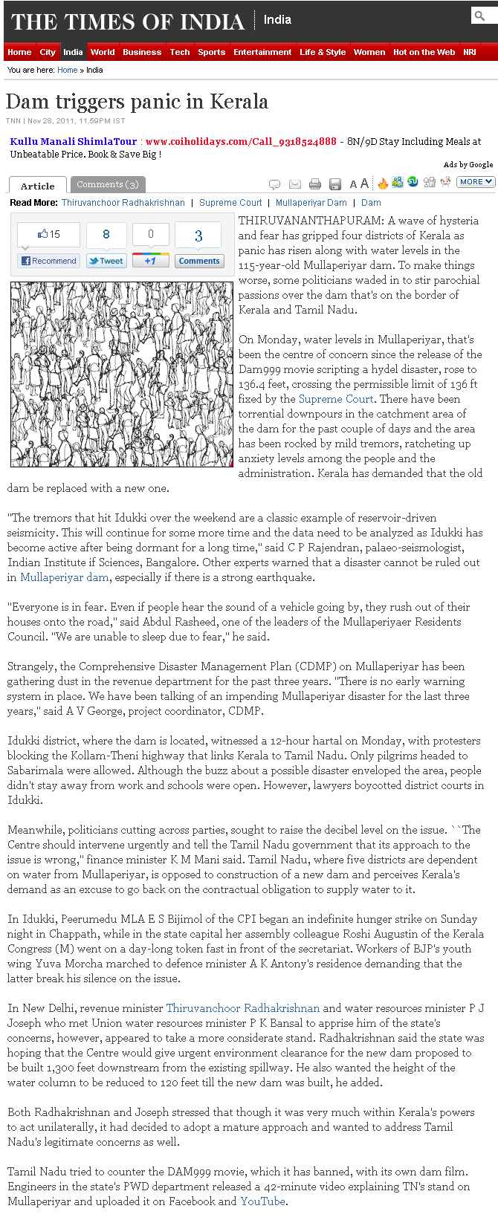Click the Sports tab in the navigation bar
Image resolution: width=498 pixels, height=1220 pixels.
(211, 52)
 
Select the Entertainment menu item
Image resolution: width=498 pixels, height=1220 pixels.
(262, 52)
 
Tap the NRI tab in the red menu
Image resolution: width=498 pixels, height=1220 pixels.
(469, 52)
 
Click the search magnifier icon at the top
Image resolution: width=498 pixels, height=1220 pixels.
(480, 15)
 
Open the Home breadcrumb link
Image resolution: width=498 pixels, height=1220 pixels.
(67, 70)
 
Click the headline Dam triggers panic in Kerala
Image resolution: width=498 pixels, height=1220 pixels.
(137, 102)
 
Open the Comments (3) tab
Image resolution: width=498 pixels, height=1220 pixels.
(107, 184)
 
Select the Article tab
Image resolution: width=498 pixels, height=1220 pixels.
(38, 186)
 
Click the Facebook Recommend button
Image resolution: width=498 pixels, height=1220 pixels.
(49, 261)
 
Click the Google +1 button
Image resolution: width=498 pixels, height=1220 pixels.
(150, 261)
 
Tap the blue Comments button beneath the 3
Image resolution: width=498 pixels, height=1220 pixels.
(199, 261)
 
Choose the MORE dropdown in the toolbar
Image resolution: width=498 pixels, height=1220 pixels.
(475, 181)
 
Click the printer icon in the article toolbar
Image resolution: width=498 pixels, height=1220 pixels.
(315, 184)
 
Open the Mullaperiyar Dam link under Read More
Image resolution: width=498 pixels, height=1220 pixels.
(311, 202)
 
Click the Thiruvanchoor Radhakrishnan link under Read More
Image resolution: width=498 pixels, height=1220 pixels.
(123, 202)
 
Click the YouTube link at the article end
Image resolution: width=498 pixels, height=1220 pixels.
(262, 1201)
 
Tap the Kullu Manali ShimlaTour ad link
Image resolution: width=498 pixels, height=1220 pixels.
(74, 141)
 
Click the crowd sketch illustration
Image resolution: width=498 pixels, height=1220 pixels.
(121, 374)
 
